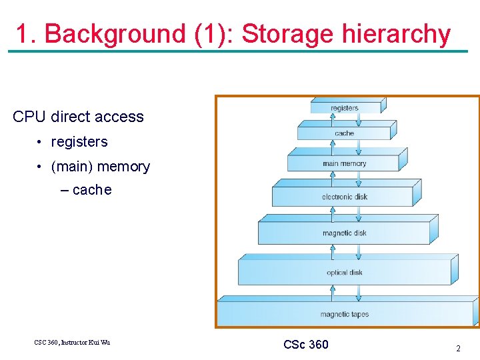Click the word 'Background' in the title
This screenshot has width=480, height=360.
click(x=115, y=34)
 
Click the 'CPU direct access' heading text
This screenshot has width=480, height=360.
click(x=78, y=117)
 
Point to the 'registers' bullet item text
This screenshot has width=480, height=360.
click(x=79, y=142)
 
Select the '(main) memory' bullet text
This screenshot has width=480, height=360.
click(x=100, y=167)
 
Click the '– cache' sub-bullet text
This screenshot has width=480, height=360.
click(x=86, y=190)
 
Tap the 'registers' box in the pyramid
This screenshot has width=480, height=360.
click(x=345, y=108)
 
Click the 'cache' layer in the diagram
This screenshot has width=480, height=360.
click(x=344, y=133)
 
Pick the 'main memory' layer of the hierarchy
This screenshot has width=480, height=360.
click(x=344, y=163)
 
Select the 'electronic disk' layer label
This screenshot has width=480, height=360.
click(x=344, y=197)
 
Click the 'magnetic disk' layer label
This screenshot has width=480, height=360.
click(x=344, y=233)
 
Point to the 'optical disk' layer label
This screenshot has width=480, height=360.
click(x=344, y=272)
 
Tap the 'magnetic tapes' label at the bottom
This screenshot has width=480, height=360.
click(x=344, y=314)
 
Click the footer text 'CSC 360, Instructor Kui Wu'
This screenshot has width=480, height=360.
click(x=72, y=343)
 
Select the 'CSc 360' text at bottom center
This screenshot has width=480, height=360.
click(x=305, y=345)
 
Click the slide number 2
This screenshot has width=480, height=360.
click(x=458, y=348)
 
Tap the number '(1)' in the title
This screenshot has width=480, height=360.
click(x=210, y=34)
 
